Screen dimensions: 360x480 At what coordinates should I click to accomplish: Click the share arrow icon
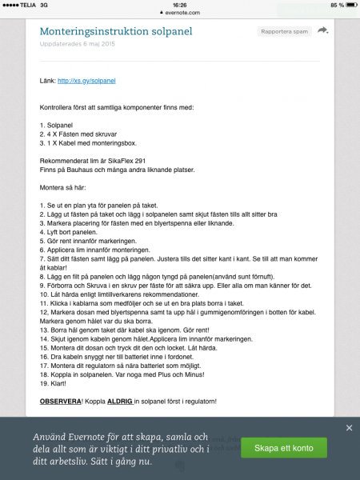point(322,30)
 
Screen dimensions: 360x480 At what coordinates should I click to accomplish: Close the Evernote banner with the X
point(349,428)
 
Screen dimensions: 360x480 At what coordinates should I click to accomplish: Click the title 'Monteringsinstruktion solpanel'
point(116,31)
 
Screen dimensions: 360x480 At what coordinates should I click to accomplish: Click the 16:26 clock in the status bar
point(179,4)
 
